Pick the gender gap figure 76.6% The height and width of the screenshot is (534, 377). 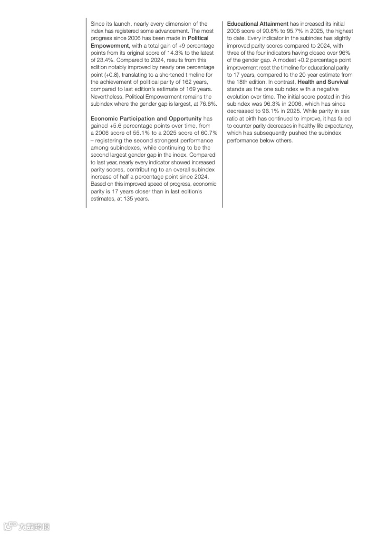click(207, 104)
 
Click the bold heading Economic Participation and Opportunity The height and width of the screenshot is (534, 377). click(146, 119)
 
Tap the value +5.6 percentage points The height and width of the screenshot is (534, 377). click(116, 126)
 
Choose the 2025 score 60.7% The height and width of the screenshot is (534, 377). click(208, 133)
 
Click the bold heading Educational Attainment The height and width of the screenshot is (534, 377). click(258, 24)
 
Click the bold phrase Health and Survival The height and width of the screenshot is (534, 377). click(323, 82)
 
